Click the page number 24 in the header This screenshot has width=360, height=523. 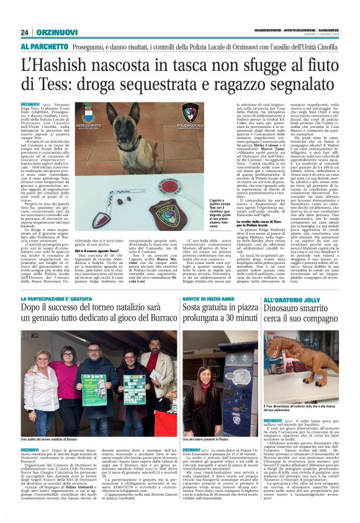25,32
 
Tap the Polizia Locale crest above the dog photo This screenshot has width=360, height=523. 171,113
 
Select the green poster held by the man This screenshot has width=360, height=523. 94,389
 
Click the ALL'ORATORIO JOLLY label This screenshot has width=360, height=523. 293,300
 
